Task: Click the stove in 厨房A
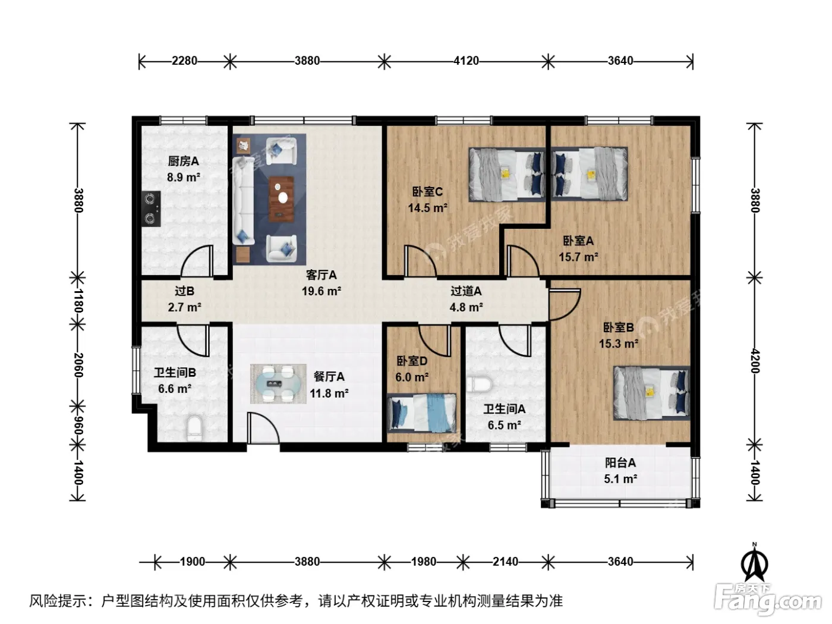pos(151,209)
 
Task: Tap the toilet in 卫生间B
pos(194,428)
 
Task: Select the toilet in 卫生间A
pos(480,385)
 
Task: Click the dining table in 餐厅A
pos(278,384)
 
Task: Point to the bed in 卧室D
pos(421,414)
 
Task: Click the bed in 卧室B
pos(651,393)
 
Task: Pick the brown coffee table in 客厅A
pos(281,199)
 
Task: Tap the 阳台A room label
pos(620,462)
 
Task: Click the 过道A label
pos(466,291)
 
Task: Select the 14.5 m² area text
pos(427,208)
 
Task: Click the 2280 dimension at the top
pos(184,61)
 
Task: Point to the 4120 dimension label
pos(467,61)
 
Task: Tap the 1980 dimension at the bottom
pos(424,562)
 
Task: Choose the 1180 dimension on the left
pos(78,301)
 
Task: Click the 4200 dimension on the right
pos(755,361)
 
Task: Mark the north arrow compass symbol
pos(754,562)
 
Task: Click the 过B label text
pos(185,291)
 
